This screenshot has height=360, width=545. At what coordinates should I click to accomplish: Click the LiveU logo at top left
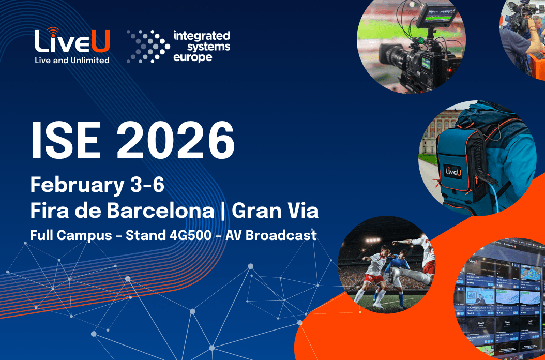[72, 41]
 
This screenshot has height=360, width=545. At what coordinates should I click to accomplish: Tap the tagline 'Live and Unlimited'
[72, 60]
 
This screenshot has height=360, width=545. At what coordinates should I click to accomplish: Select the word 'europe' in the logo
[193, 57]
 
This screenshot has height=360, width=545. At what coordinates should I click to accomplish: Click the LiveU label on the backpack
[453, 171]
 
